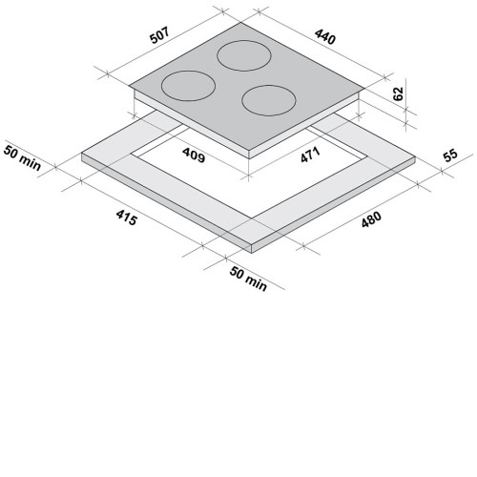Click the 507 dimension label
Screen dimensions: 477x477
click(x=160, y=35)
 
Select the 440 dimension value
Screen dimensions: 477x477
click(x=325, y=37)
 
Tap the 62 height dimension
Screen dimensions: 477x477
click(x=398, y=93)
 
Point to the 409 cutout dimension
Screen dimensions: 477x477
click(x=194, y=156)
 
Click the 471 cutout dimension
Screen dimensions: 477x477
click(x=310, y=155)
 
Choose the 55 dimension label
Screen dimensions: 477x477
click(x=450, y=155)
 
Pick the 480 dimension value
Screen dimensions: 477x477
click(x=371, y=219)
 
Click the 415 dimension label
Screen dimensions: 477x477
click(x=127, y=218)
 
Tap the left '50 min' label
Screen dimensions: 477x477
click(x=22, y=157)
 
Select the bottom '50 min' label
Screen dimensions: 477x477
click(x=248, y=279)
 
